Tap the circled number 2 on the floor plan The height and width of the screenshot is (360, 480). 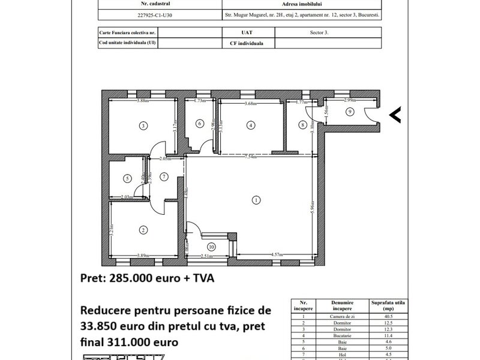[143, 230]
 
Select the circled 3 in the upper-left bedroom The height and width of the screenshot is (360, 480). [143, 126]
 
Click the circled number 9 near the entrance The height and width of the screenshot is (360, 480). [350, 111]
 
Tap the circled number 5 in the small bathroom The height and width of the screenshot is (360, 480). [127, 178]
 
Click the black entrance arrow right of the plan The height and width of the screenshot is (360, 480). [395, 115]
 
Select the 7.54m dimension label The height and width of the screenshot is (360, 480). [248, 157]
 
